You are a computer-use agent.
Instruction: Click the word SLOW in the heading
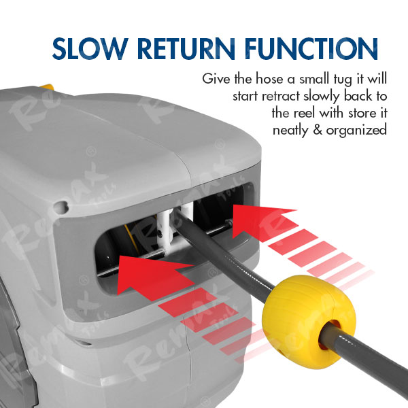[90, 49]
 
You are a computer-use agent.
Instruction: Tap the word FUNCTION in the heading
[311, 49]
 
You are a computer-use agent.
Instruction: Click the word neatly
[290, 130]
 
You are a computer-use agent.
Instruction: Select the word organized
[356, 130]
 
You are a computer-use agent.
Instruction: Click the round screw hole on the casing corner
[61, 206]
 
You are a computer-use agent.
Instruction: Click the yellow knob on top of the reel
[47, 87]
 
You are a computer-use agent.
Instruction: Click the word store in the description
[362, 113]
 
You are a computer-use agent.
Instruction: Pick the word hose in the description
[270, 79]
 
